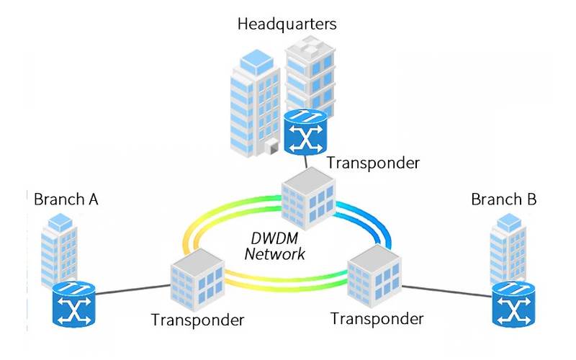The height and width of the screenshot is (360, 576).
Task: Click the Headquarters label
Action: [x=287, y=24]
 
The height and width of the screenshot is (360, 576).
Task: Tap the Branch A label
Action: [x=66, y=198]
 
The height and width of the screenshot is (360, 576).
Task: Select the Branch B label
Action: [x=504, y=198]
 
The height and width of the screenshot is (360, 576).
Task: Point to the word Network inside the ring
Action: [x=275, y=253]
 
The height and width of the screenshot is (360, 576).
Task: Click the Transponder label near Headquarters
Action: [x=372, y=162]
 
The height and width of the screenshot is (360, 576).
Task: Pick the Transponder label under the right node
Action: [x=377, y=318]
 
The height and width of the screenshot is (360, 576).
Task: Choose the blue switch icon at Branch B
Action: [x=513, y=306]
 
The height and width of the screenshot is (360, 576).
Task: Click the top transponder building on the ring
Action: [x=307, y=199]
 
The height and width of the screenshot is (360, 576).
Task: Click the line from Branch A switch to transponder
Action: [x=133, y=290]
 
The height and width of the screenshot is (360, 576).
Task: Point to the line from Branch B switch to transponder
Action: [x=446, y=291]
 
